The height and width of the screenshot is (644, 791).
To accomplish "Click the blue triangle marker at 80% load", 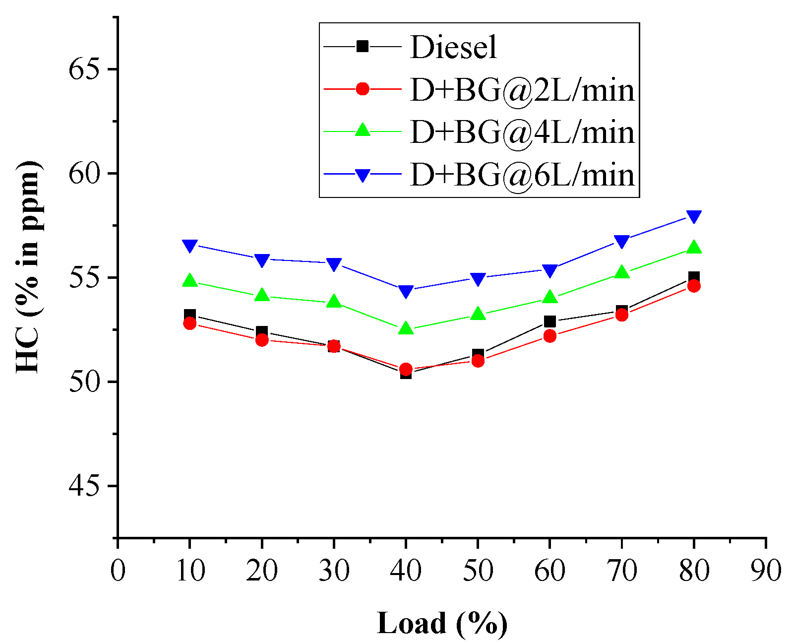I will click(x=694, y=216).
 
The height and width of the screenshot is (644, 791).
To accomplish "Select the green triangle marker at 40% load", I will click(x=406, y=328).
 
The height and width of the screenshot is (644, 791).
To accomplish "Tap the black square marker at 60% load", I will click(x=549, y=322).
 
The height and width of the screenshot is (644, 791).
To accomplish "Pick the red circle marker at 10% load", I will click(x=190, y=323).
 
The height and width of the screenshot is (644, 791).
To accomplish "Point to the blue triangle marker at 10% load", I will click(x=190, y=246).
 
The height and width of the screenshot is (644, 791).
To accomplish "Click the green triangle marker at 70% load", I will click(x=621, y=272).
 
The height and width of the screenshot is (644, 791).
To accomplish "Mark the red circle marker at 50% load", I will click(x=478, y=361).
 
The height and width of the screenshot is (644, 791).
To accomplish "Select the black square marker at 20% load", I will click(x=262, y=331).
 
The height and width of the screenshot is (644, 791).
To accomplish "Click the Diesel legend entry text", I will click(x=453, y=48).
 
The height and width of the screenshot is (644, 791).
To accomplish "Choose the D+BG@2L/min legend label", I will click(x=522, y=90).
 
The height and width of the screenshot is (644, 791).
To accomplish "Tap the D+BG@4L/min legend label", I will click(x=522, y=132).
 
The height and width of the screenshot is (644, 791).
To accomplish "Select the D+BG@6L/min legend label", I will click(x=522, y=175).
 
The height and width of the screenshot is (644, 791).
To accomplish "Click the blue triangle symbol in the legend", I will click(x=363, y=175).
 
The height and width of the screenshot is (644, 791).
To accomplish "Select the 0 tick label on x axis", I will click(x=118, y=571).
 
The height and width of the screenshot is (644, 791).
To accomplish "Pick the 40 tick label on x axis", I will click(x=406, y=571).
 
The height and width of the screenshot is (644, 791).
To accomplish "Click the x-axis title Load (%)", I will click(x=442, y=623).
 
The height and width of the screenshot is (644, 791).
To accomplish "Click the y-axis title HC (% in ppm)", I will click(x=28, y=267).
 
